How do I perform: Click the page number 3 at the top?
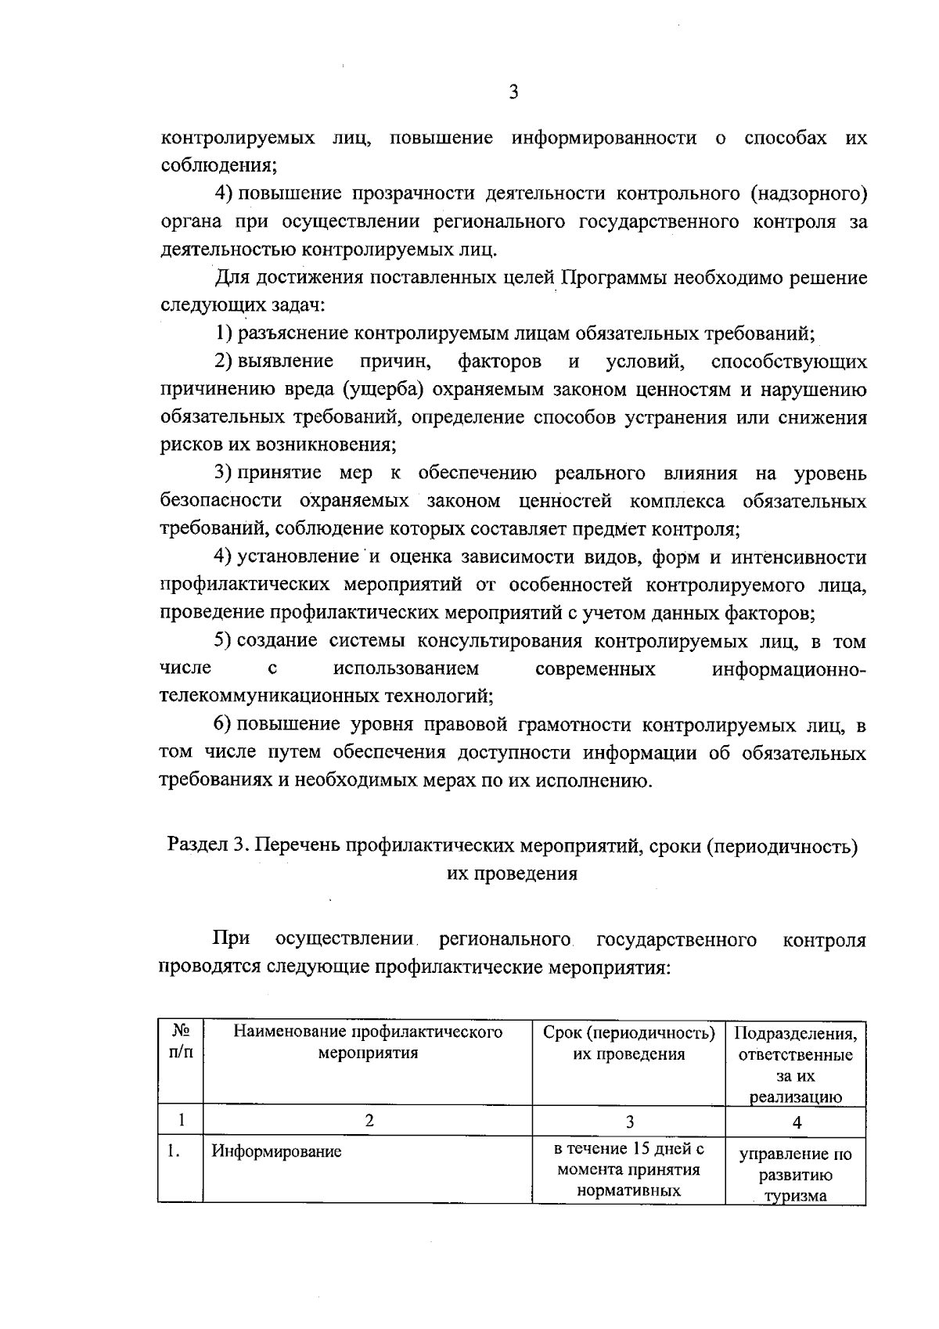click(x=513, y=92)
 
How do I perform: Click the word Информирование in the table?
click(x=276, y=1151)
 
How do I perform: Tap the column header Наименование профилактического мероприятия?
click(x=368, y=1043)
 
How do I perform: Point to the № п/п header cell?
click(x=180, y=1042)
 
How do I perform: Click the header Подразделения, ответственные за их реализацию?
click(x=796, y=1064)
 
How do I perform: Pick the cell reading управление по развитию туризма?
click(x=796, y=1175)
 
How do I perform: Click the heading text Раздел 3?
click(x=207, y=845)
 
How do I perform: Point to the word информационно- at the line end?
click(x=789, y=669)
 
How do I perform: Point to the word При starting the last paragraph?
click(x=231, y=939)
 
